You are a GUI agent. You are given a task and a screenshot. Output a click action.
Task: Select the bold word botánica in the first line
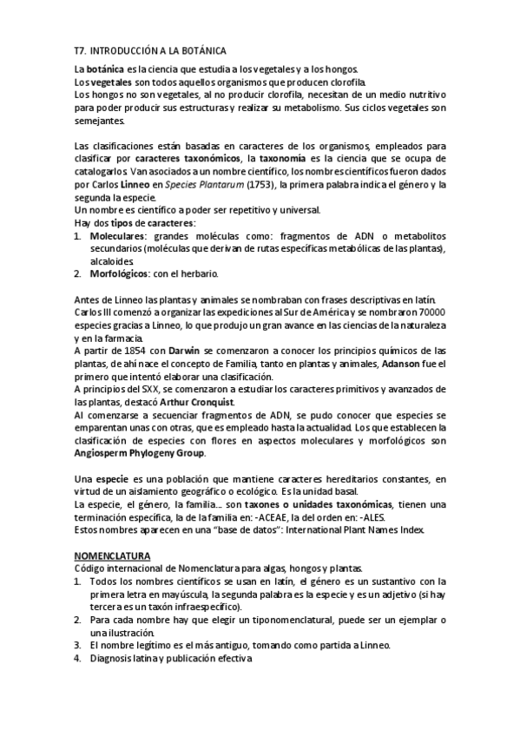point(107,69)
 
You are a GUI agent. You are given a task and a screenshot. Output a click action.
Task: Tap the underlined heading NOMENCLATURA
point(112,555)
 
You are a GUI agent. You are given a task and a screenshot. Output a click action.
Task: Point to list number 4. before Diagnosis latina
point(77,658)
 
